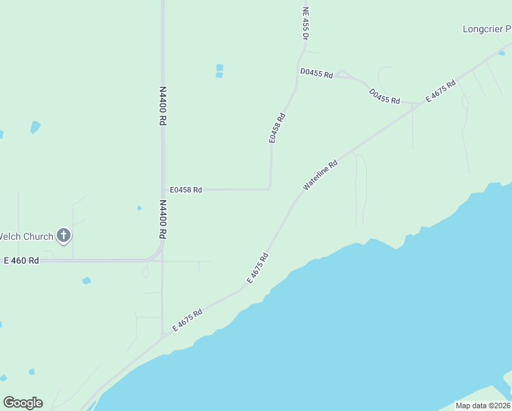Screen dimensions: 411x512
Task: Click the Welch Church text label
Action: pos(26,236)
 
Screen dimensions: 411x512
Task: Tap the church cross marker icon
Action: pos(64,236)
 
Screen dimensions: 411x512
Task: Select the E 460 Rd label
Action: pos(21,261)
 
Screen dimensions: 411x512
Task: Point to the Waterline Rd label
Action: pos(320,175)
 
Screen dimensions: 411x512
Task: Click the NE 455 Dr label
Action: pos(306,23)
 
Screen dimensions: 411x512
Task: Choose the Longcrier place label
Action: pos(487,29)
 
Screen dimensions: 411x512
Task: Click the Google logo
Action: pos(23,403)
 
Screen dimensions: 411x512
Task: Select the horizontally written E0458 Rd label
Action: pos(186,190)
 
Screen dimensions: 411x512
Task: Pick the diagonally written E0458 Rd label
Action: pos(277,127)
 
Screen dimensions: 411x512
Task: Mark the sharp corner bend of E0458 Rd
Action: pos(270,188)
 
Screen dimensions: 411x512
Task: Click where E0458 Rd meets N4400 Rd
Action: pos(163,190)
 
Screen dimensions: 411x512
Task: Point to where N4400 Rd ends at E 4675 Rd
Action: pos(163,337)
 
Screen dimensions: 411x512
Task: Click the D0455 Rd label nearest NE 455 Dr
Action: pos(316,73)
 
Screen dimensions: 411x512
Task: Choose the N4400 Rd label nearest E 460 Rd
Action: pos(163,219)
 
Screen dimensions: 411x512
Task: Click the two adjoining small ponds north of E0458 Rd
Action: pos(219,71)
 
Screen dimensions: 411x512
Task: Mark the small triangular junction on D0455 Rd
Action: pos(342,74)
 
